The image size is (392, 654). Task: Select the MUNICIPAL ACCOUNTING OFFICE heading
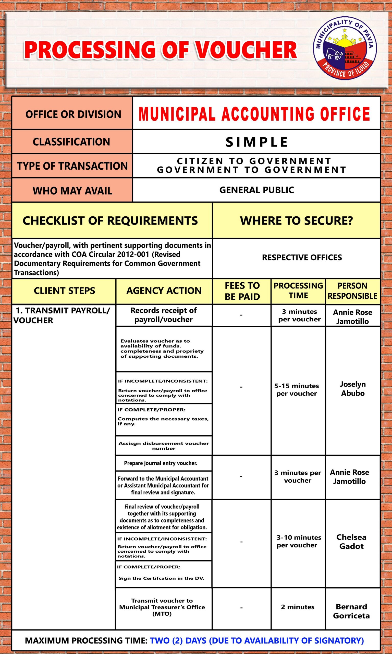point(254,114)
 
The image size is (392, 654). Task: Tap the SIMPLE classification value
point(256,142)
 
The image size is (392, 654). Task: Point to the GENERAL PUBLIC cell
point(256,190)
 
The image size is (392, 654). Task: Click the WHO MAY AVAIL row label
point(72,191)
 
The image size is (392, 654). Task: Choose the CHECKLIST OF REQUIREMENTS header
point(110,221)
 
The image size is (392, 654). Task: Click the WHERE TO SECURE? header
point(296,221)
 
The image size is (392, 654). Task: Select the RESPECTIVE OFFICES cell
point(302,258)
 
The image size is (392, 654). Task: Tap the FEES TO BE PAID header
point(242,291)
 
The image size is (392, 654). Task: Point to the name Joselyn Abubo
point(353,389)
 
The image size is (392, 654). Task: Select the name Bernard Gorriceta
point(351,611)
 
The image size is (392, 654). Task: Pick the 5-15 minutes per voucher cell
point(297,390)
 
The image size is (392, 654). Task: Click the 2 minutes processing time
point(298,607)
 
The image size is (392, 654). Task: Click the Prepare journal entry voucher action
point(161,463)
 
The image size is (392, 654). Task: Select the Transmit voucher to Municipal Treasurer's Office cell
point(162,607)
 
